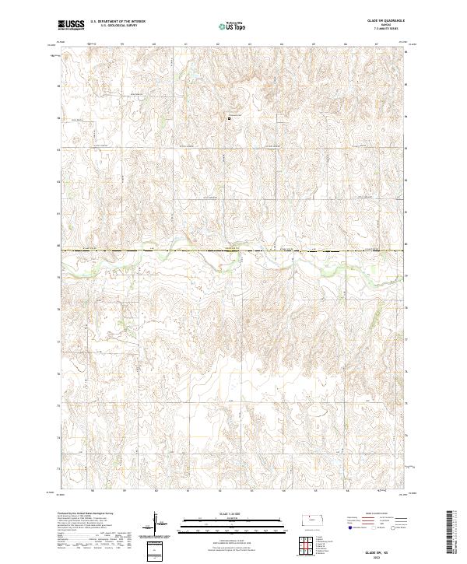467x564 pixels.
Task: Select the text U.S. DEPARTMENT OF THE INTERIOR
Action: [118, 22]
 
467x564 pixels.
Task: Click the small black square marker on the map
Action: [229, 118]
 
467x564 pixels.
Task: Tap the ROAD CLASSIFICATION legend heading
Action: [376, 515]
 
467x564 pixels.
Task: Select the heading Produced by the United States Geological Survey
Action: [86, 513]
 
